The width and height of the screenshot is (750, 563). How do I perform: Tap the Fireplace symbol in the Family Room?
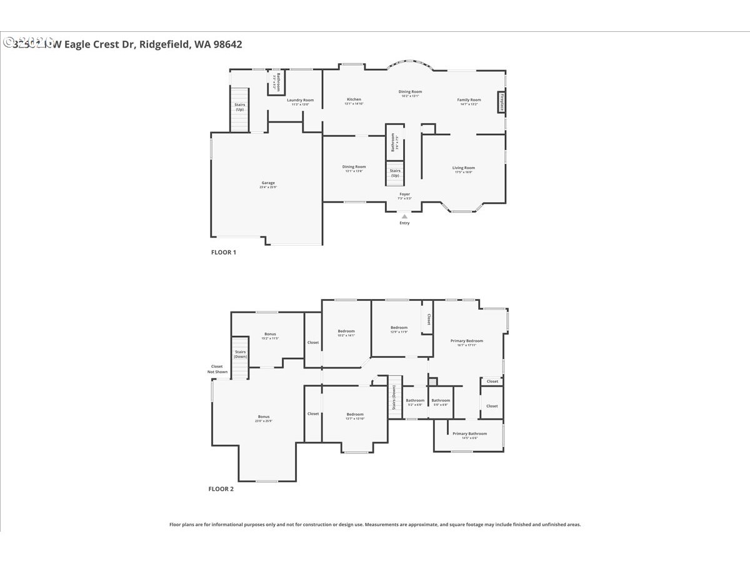pyautogui.click(x=501, y=103)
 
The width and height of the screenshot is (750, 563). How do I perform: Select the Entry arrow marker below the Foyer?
pyautogui.click(x=404, y=216)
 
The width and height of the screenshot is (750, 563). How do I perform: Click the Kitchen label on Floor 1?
pyautogui.click(x=354, y=99)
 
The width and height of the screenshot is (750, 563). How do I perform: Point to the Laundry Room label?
pyautogui.click(x=300, y=100)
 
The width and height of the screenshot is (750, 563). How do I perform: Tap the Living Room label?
pyautogui.click(x=464, y=168)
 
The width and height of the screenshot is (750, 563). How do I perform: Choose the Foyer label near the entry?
pyautogui.click(x=405, y=195)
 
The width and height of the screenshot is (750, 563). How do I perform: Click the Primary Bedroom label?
pyautogui.click(x=467, y=341)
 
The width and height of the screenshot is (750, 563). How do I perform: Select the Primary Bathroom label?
pyautogui.click(x=469, y=434)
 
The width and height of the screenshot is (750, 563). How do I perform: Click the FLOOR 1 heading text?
pyautogui.click(x=222, y=253)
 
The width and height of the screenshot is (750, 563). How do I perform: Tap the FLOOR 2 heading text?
pyautogui.click(x=221, y=489)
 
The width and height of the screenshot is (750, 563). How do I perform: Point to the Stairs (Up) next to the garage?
pyautogui.click(x=239, y=107)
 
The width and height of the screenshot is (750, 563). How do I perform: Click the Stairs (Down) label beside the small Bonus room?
pyautogui.click(x=240, y=354)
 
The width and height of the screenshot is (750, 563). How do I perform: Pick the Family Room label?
pyautogui.click(x=469, y=100)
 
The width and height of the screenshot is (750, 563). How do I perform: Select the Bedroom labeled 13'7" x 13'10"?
pyautogui.click(x=355, y=415)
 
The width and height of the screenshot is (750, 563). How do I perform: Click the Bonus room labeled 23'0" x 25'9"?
pyautogui.click(x=263, y=417)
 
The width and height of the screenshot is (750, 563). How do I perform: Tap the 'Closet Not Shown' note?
pyautogui.click(x=217, y=369)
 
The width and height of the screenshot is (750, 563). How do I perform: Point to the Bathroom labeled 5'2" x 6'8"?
pyautogui.click(x=415, y=401)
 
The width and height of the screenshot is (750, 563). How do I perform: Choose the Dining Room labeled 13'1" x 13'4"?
pyautogui.click(x=354, y=167)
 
